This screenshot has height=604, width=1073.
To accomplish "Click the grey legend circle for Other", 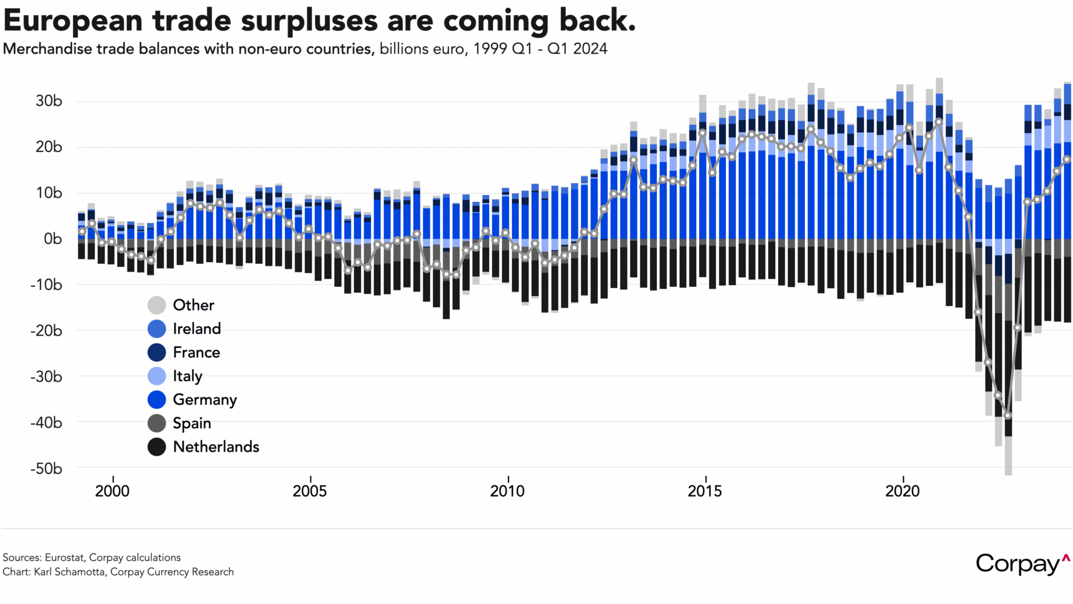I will tap(157, 305).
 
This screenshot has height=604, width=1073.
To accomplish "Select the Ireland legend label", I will tap(197, 329).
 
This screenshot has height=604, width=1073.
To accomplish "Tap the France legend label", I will tap(196, 352).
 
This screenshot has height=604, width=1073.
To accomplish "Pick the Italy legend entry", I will tap(187, 376).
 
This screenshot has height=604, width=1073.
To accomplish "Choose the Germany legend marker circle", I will tap(157, 399).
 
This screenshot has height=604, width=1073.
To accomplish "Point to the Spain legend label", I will tap(192, 423).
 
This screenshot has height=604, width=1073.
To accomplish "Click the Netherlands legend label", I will tap(216, 446).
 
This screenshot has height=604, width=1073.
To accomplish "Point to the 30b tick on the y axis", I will tap(49, 101).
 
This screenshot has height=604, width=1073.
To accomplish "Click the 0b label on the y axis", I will tap(53, 239).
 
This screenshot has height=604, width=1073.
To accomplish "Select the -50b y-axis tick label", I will tap(46, 468).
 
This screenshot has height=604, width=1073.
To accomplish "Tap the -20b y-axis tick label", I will tap(46, 330).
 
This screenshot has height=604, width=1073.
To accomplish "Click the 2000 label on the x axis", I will tap(112, 491).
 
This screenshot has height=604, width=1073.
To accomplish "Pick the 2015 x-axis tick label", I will tap(705, 491).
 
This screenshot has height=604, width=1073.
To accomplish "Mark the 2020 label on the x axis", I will tap(902, 491).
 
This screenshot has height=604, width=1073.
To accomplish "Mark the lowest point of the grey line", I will tap(1007, 416).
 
